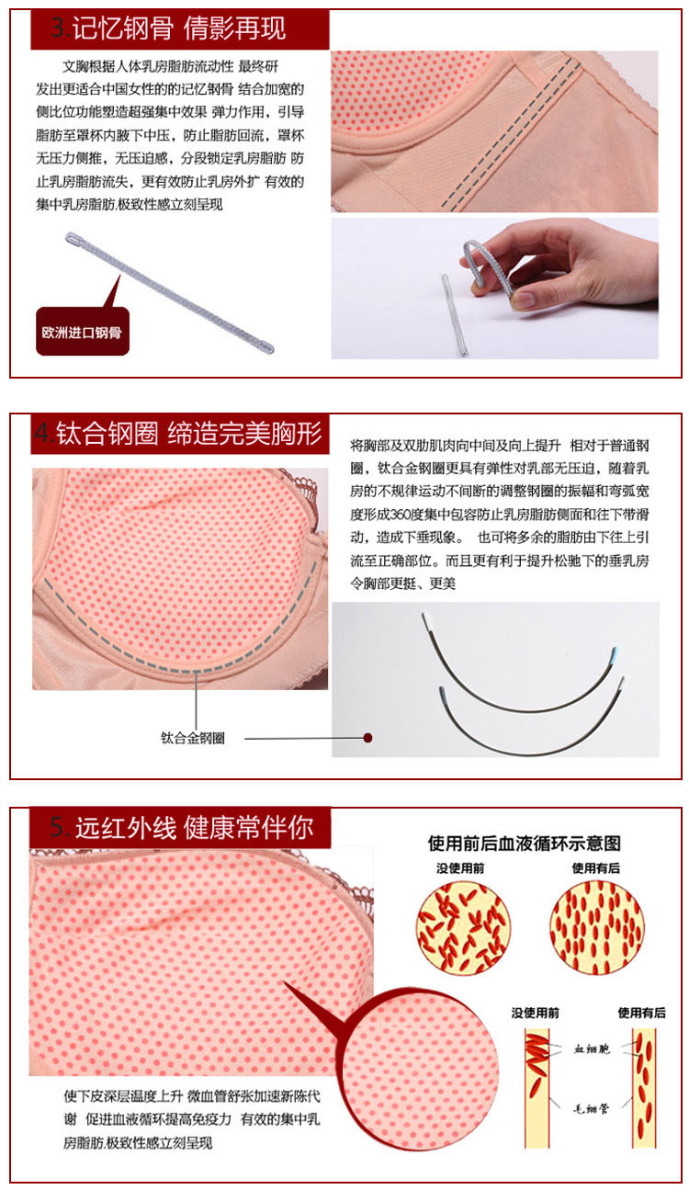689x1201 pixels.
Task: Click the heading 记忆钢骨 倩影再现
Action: pyautogui.click(x=178, y=28)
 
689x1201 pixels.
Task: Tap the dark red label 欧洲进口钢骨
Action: pyautogui.click(x=83, y=332)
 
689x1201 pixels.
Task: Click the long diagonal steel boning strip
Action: pyautogui.click(x=170, y=292)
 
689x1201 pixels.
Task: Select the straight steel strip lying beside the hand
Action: pyautogui.click(x=454, y=315)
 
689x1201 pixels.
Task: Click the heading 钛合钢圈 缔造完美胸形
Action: pyautogui.click(x=188, y=434)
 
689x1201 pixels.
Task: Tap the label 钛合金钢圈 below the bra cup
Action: pyautogui.click(x=193, y=738)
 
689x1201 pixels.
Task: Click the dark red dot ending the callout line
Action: pyautogui.click(x=367, y=738)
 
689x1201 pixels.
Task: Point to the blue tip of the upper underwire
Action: pyautogui.click(x=615, y=653)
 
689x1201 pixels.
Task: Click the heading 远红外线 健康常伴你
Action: pyautogui.click(x=194, y=828)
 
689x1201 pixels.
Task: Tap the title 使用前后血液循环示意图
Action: pyautogui.click(x=525, y=844)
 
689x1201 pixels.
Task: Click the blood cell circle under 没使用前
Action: pyautogui.click(x=463, y=929)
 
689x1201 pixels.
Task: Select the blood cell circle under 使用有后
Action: pyautogui.click(x=597, y=929)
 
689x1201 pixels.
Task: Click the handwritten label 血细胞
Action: pyautogui.click(x=592, y=1048)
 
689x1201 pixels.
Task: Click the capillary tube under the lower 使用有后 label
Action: pyautogui.click(x=643, y=1088)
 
